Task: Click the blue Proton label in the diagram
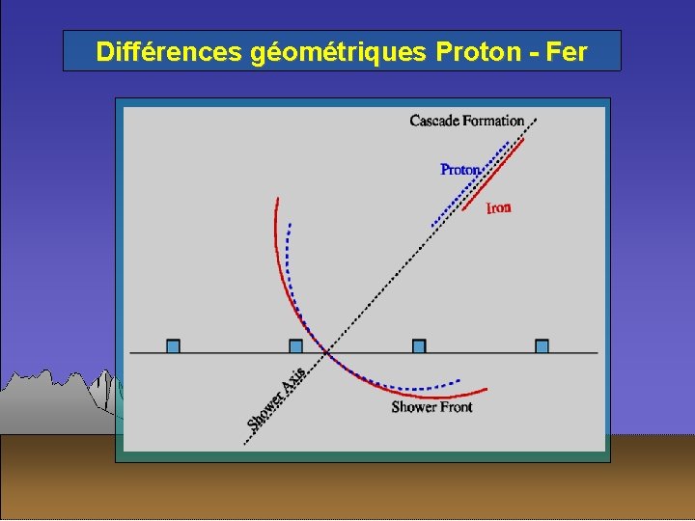459,170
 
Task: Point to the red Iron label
498,207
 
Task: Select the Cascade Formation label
466,121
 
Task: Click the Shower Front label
431,407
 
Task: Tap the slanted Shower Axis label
277,398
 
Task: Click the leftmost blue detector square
173,345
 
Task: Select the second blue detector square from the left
295,345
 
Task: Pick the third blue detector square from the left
419,345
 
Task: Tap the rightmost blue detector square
542,345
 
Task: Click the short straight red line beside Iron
493,175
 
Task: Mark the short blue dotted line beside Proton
471,183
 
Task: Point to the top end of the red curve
277,200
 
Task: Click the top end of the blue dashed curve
289,225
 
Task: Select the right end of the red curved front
486,389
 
